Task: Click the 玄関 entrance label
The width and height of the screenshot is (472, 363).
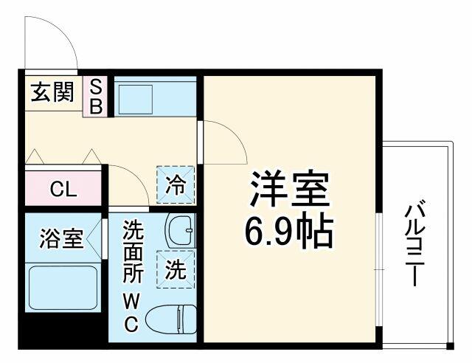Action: coord(52,92)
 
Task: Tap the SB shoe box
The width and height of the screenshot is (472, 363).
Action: coord(95,97)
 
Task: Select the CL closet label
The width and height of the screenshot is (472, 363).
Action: coord(63,189)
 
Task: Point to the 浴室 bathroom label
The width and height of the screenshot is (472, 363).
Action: coord(61,238)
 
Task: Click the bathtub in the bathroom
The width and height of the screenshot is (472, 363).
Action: coord(63,288)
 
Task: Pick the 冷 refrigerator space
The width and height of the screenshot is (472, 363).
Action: coord(176,184)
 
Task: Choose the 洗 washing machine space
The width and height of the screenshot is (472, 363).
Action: coord(176,269)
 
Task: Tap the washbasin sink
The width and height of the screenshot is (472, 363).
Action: coord(180,230)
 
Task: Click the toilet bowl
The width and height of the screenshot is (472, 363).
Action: coord(171,319)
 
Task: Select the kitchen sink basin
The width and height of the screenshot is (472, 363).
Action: coord(135,100)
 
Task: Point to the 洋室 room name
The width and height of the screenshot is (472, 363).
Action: coord(289,188)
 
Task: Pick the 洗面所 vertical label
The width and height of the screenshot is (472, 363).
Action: coord(133,252)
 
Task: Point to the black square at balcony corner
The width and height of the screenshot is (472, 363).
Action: coord(450,346)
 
